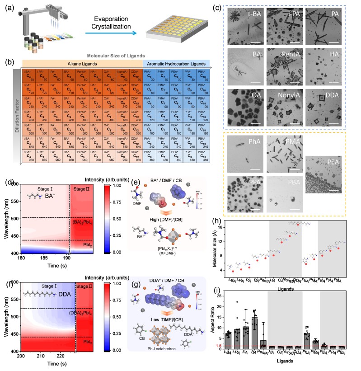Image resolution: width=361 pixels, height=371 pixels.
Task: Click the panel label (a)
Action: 9,8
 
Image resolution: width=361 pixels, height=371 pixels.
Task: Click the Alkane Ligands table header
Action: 82,64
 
